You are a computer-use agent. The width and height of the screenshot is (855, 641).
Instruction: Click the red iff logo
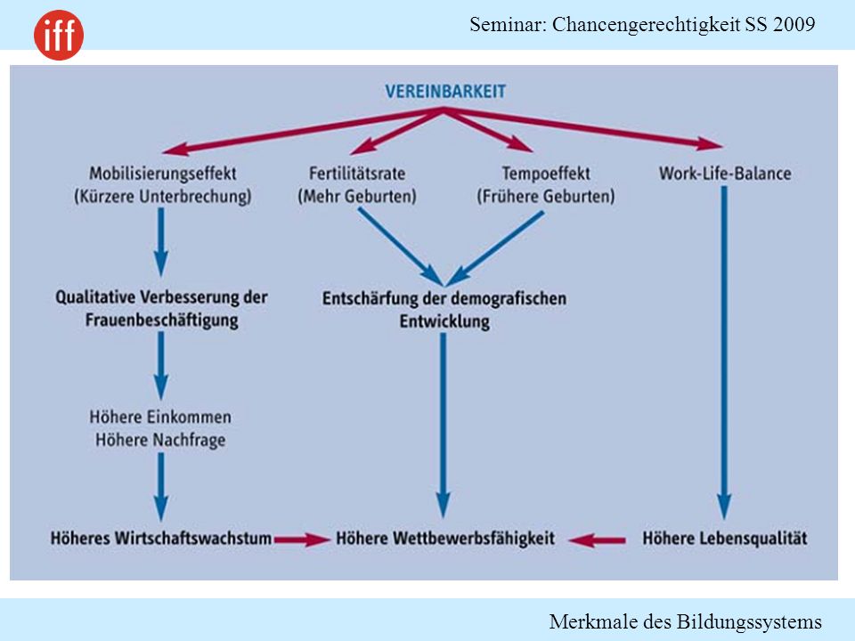click(x=59, y=35)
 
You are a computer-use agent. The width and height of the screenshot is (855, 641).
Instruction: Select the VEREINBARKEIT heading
click(x=445, y=92)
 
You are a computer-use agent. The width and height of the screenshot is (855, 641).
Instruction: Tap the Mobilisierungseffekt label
click(x=162, y=174)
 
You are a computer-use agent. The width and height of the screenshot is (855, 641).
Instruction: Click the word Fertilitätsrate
click(x=357, y=174)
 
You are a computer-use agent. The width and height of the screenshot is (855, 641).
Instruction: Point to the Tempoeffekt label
click(x=546, y=174)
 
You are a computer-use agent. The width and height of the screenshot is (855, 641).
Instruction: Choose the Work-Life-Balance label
click(x=725, y=174)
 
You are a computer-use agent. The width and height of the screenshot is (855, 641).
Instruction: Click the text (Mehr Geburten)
click(x=357, y=196)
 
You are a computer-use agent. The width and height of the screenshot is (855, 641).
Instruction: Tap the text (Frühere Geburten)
click(x=546, y=196)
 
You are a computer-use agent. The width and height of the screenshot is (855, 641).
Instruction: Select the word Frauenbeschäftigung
click(x=161, y=320)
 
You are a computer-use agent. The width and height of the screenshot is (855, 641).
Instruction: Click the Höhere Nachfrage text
click(x=160, y=440)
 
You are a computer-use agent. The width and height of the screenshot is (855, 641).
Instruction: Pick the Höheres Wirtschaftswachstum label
click(x=161, y=539)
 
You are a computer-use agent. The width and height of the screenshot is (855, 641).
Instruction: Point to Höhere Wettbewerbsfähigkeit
click(x=445, y=539)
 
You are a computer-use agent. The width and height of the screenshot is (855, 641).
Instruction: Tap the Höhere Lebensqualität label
click(x=725, y=539)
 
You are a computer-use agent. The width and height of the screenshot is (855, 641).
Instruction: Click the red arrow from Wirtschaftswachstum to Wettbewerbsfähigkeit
click(x=302, y=540)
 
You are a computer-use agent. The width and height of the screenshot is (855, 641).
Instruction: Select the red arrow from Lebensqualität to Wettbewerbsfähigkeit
click(x=597, y=540)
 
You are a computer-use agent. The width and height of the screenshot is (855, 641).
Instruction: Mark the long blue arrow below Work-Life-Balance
click(x=724, y=353)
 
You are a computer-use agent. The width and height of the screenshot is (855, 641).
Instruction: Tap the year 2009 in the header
click(x=794, y=25)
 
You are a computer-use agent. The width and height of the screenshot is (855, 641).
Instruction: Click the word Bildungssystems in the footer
click(x=749, y=621)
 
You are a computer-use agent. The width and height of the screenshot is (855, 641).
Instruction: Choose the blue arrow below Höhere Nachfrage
click(x=161, y=487)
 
